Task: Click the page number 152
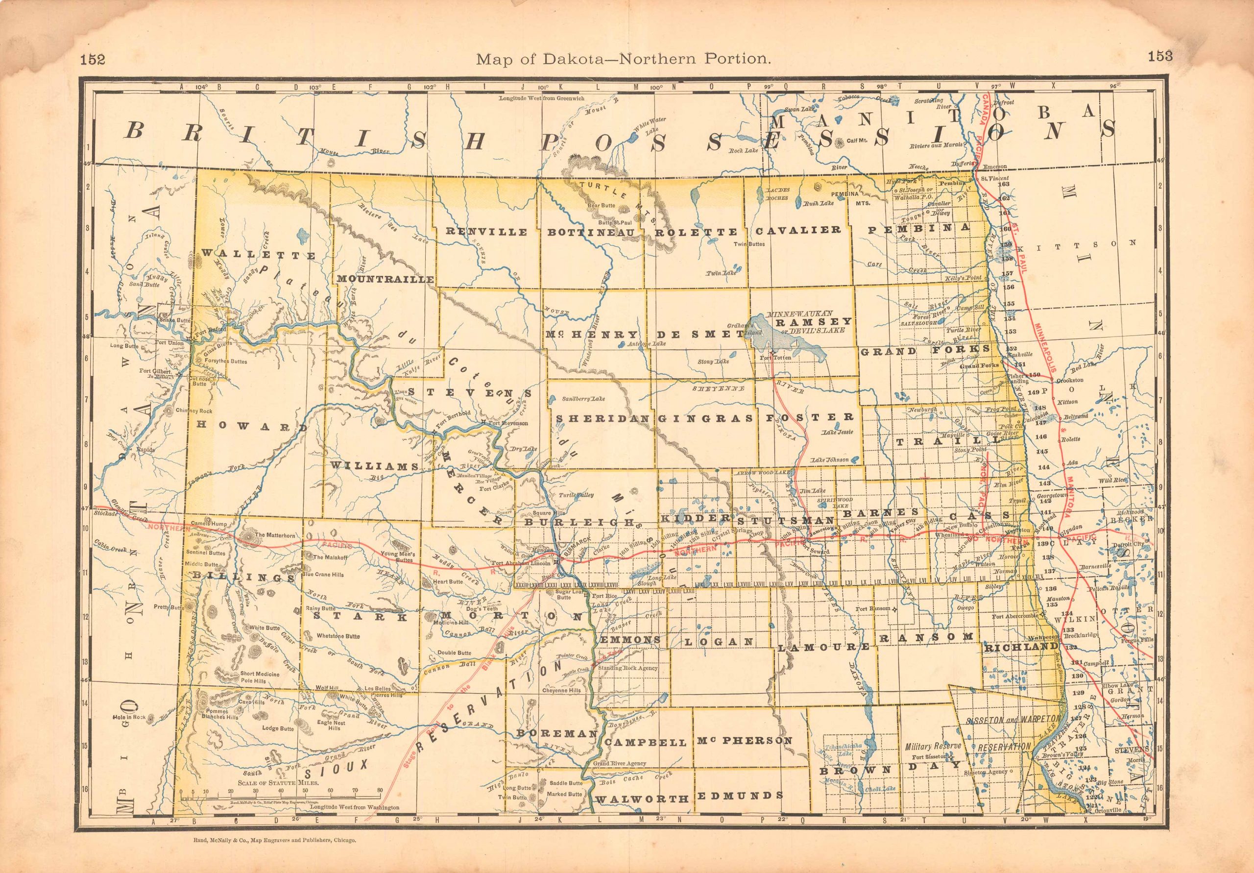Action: [92, 58]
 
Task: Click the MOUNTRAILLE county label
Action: [386, 279]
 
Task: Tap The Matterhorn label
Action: [275, 535]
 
